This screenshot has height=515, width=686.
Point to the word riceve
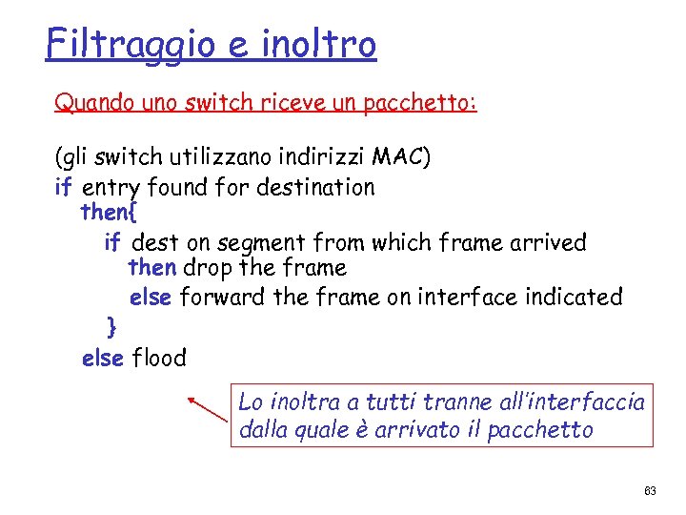tap(299, 102)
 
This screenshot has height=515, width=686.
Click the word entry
tap(111, 187)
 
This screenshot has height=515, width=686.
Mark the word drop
tap(208, 269)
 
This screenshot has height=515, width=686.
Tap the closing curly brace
tap(112, 327)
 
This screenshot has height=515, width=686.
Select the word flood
tap(159, 359)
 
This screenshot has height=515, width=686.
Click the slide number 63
tap(650, 490)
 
